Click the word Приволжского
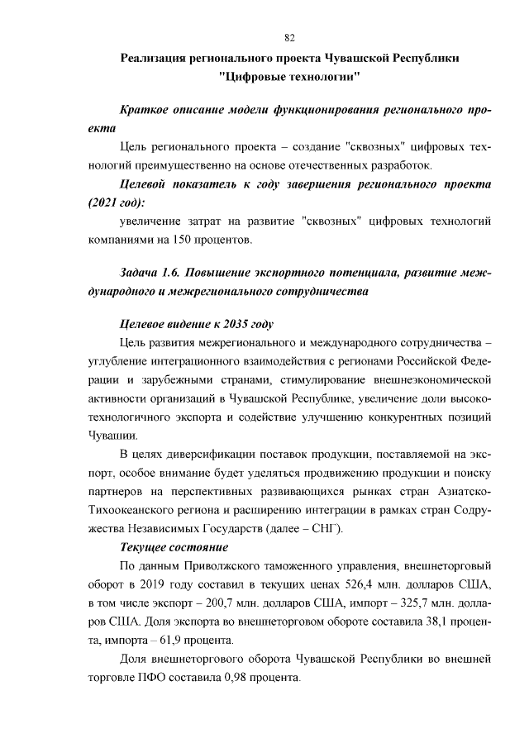coord(222,566)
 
